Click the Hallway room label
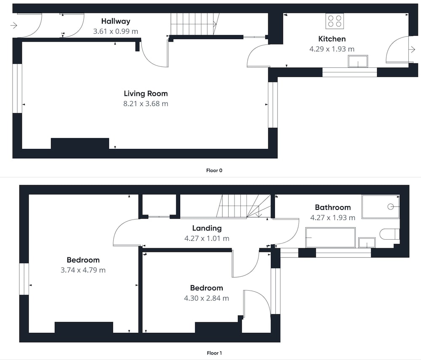tap(116, 21)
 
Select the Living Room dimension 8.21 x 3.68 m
tap(146, 103)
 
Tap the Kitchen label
tap(332, 39)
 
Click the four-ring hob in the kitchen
tap(335, 21)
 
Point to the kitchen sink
tap(358, 61)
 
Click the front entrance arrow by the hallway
tap(14, 26)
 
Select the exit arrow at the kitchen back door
tap(412, 49)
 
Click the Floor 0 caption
tap(214, 170)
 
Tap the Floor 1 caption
tap(214, 353)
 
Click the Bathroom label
tap(333, 207)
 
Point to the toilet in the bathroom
tap(389, 234)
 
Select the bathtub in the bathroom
tap(330, 238)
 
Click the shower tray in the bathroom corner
tap(381, 206)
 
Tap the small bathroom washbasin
tap(367, 243)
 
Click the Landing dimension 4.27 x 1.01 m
tap(207, 238)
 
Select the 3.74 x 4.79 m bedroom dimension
tap(83, 270)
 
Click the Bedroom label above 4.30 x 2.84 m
tap(206, 288)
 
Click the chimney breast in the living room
tap(80, 143)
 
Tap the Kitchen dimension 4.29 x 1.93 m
tap(332, 49)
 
